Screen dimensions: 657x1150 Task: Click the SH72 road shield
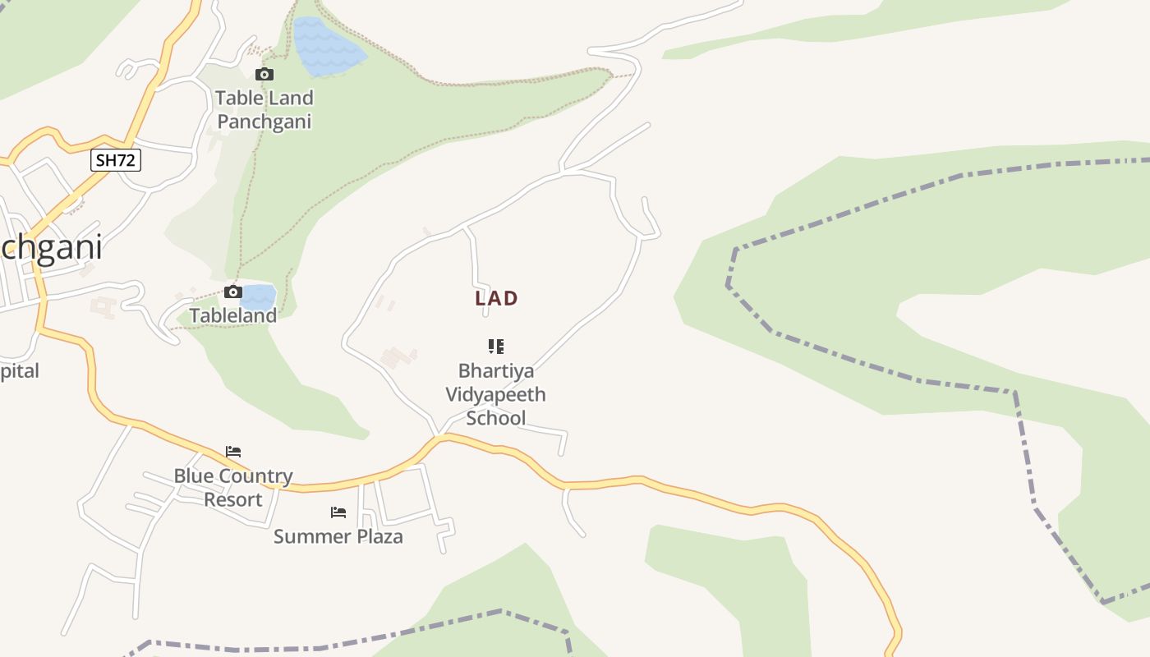pos(115,160)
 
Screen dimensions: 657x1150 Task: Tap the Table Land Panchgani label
pos(264,110)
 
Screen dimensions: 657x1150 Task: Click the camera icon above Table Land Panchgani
pos(264,75)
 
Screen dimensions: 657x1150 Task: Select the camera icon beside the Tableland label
pos(233,292)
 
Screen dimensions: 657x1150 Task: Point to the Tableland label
pos(233,315)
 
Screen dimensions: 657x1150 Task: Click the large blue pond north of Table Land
pos(327,48)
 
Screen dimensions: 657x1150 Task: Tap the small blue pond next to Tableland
pos(258,296)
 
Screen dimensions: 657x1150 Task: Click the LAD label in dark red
pos(496,299)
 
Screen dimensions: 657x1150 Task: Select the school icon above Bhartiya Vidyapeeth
pos(496,347)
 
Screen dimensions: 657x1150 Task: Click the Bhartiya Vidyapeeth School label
pos(496,394)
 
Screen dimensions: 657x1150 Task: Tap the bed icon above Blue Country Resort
pos(233,452)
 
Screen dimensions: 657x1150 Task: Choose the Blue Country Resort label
pos(233,488)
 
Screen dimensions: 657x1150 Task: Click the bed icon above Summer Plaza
pos(338,512)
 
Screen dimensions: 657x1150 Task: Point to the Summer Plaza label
pos(338,537)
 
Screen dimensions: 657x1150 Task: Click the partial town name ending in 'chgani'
pos(51,248)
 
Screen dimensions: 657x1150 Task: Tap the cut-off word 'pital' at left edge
pos(19,371)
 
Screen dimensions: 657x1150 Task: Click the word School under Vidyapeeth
pos(496,418)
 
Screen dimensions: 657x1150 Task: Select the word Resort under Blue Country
pos(233,499)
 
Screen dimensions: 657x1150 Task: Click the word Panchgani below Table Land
pos(264,122)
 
